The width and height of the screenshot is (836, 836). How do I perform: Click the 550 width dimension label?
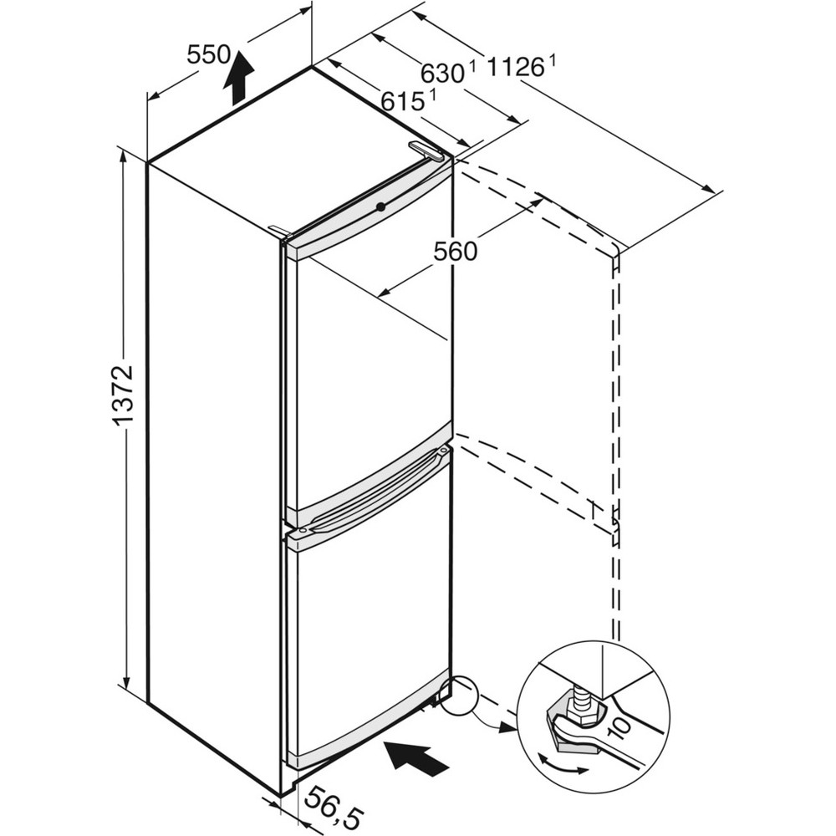pyautogui.click(x=208, y=56)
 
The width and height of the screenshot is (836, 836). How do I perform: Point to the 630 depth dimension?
pyautogui.click(x=441, y=74)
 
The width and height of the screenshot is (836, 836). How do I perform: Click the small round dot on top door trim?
pyautogui.click(x=380, y=206)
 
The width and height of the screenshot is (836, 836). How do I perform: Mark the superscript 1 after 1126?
pyautogui.click(x=553, y=59)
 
